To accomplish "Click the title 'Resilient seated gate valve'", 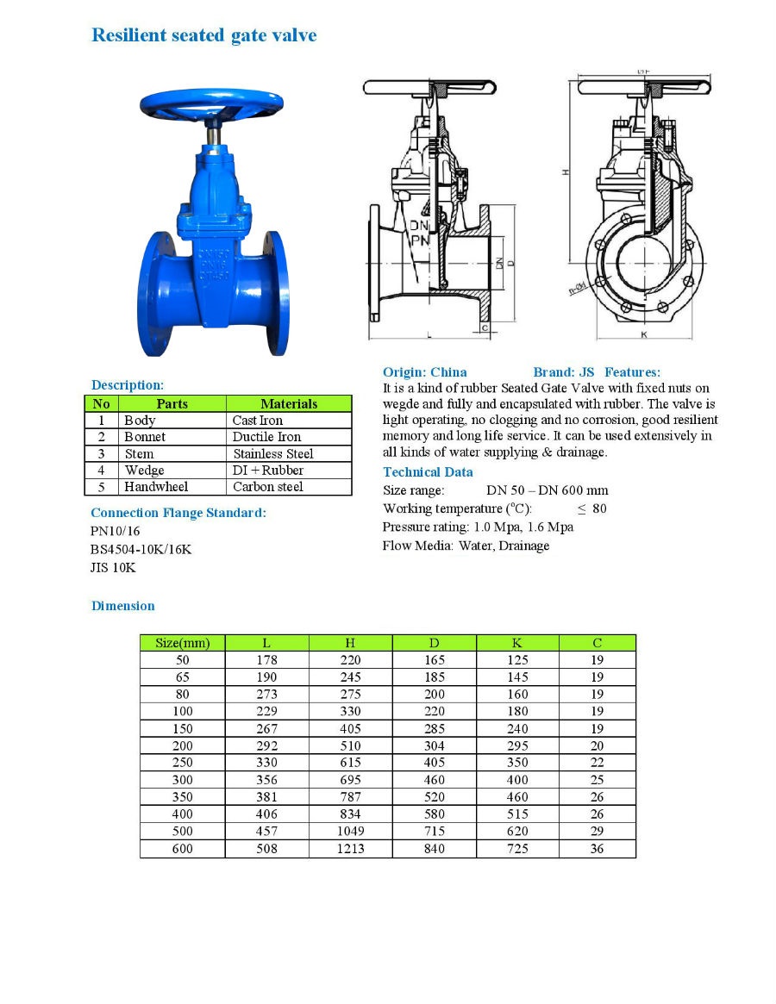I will click(204, 35).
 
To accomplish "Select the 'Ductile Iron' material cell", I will click(266, 437).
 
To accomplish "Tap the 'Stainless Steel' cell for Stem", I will click(272, 453).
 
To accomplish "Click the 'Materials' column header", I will click(289, 403).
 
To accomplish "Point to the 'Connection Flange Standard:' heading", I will click(178, 513).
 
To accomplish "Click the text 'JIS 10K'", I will click(113, 567).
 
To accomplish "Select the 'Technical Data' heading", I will click(428, 472).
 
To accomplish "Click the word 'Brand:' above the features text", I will click(553, 372).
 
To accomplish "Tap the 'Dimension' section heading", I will click(123, 606).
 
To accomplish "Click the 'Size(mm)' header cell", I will click(182, 643).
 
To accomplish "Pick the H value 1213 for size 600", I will click(350, 849).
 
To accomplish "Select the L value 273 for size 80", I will click(266, 695).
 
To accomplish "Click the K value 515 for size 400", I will click(517, 814).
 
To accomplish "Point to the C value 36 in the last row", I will click(598, 849).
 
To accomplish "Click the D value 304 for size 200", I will click(434, 746).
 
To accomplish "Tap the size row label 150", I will click(182, 729).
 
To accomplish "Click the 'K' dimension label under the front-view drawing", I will click(644, 334).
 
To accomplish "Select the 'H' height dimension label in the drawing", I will click(566, 172).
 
